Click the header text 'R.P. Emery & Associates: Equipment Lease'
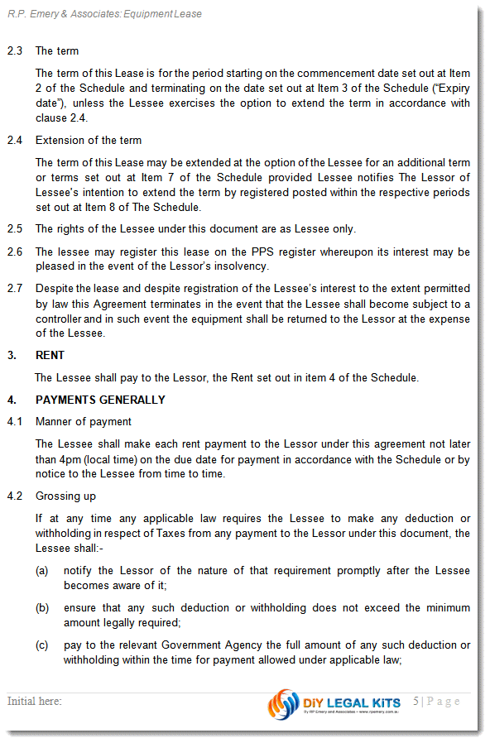point(104,14)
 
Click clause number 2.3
point(14,51)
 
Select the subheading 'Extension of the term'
point(89,141)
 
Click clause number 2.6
point(14,252)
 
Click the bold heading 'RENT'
point(50,356)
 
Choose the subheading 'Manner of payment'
point(84,422)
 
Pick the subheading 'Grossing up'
point(65,496)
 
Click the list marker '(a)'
point(41,571)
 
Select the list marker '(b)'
point(41,608)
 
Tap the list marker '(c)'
point(41,645)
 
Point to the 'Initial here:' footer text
point(35,702)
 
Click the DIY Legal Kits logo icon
point(283,704)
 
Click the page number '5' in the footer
point(417,702)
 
